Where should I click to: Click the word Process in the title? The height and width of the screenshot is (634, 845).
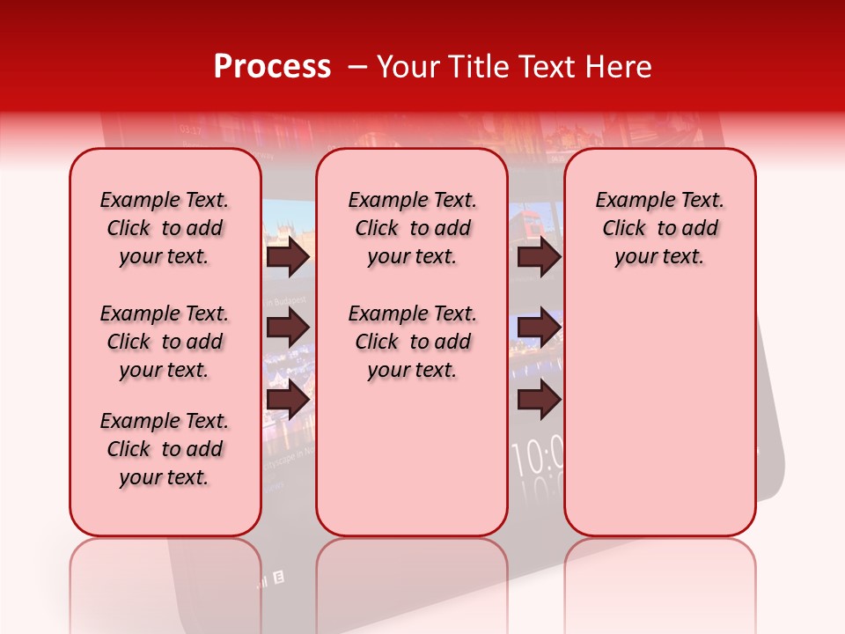tap(272, 67)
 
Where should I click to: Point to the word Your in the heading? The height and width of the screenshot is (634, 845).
tap(407, 67)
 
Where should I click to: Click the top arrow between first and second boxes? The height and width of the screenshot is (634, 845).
tap(288, 256)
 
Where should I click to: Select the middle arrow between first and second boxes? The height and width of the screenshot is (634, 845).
tap(288, 328)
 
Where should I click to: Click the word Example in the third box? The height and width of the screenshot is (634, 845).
tap(628, 200)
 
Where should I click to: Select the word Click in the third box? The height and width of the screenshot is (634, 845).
tap(624, 228)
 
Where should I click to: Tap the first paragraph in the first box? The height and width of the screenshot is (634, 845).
tap(165, 228)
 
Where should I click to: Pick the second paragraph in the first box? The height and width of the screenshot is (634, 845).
tap(165, 342)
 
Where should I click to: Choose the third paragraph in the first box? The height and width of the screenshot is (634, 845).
tap(165, 449)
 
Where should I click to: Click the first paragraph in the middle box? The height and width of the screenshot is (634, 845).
tap(412, 228)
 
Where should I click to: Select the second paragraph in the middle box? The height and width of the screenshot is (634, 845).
tap(412, 342)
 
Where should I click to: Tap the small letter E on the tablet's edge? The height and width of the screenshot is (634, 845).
tap(279, 579)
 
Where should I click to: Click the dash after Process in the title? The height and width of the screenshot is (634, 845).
tap(357, 68)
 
